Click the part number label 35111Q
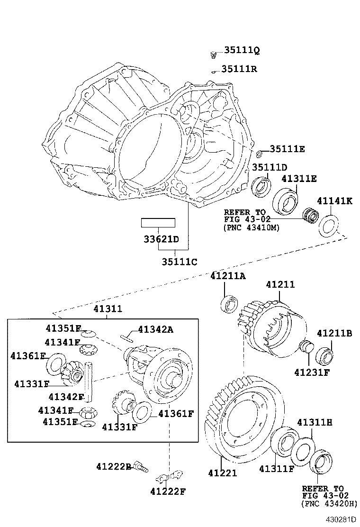pos(242,50)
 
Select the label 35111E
pos(287,149)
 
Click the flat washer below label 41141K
pos(328,226)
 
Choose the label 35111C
pos(179,261)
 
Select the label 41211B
pos(334,333)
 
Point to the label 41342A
pos(155,329)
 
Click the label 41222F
pos(168,491)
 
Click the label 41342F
pos(66,396)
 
